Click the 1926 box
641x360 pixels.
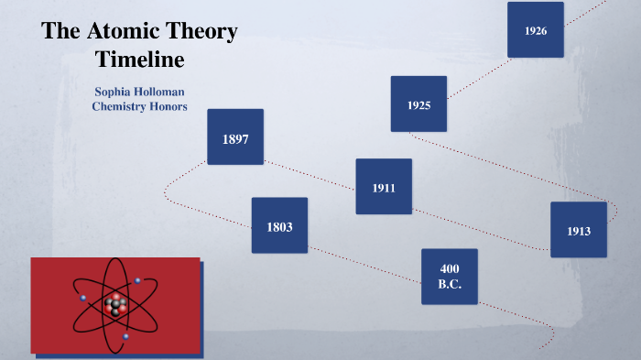[536, 30]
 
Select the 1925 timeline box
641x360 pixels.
[418, 104]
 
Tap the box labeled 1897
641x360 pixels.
[235, 137]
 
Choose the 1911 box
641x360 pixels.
[384, 187]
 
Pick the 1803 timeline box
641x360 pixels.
[279, 225]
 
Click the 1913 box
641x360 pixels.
[579, 230]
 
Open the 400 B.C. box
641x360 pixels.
[450, 277]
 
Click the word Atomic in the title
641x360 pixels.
[117, 31]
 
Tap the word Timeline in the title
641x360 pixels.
[140, 60]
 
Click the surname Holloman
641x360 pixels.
[164, 92]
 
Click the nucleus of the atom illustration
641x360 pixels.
[115, 306]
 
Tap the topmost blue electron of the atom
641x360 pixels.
[138, 280]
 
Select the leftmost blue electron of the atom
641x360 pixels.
[83, 298]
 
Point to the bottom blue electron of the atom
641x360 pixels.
[126, 337]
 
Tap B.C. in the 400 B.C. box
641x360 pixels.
[450, 285]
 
